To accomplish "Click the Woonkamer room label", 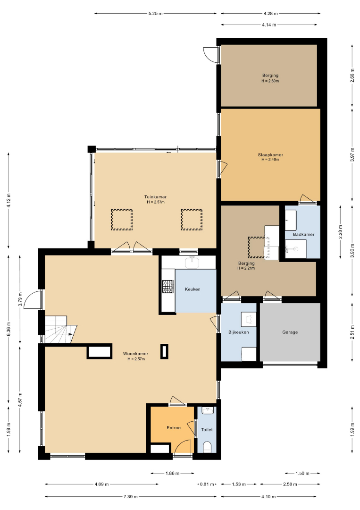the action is pyautogui.click(x=135, y=354).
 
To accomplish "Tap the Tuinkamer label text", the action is pyautogui.click(x=155, y=197).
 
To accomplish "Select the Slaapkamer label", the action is pyautogui.click(x=270, y=155).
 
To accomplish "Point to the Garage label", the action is pyautogui.click(x=290, y=332).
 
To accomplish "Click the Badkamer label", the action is pyautogui.click(x=303, y=234).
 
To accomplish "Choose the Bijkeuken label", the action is pyautogui.click(x=238, y=332).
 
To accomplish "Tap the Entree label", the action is pyautogui.click(x=174, y=428).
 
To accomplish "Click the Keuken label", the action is pyautogui.click(x=193, y=289).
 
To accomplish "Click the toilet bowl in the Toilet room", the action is pyautogui.click(x=207, y=447).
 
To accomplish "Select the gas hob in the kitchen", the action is pyautogui.click(x=168, y=287).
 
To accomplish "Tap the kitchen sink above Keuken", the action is pyautogui.click(x=192, y=262).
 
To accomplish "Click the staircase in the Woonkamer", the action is pyautogui.click(x=60, y=330).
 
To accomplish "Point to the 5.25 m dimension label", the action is pyautogui.click(x=155, y=13).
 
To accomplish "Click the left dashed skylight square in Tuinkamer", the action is pyautogui.click(x=122, y=220).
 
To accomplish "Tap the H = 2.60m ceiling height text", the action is pyautogui.click(x=270, y=81).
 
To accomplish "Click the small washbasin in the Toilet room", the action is pyautogui.click(x=208, y=410).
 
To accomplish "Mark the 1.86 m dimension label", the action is pyautogui.click(x=173, y=473).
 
